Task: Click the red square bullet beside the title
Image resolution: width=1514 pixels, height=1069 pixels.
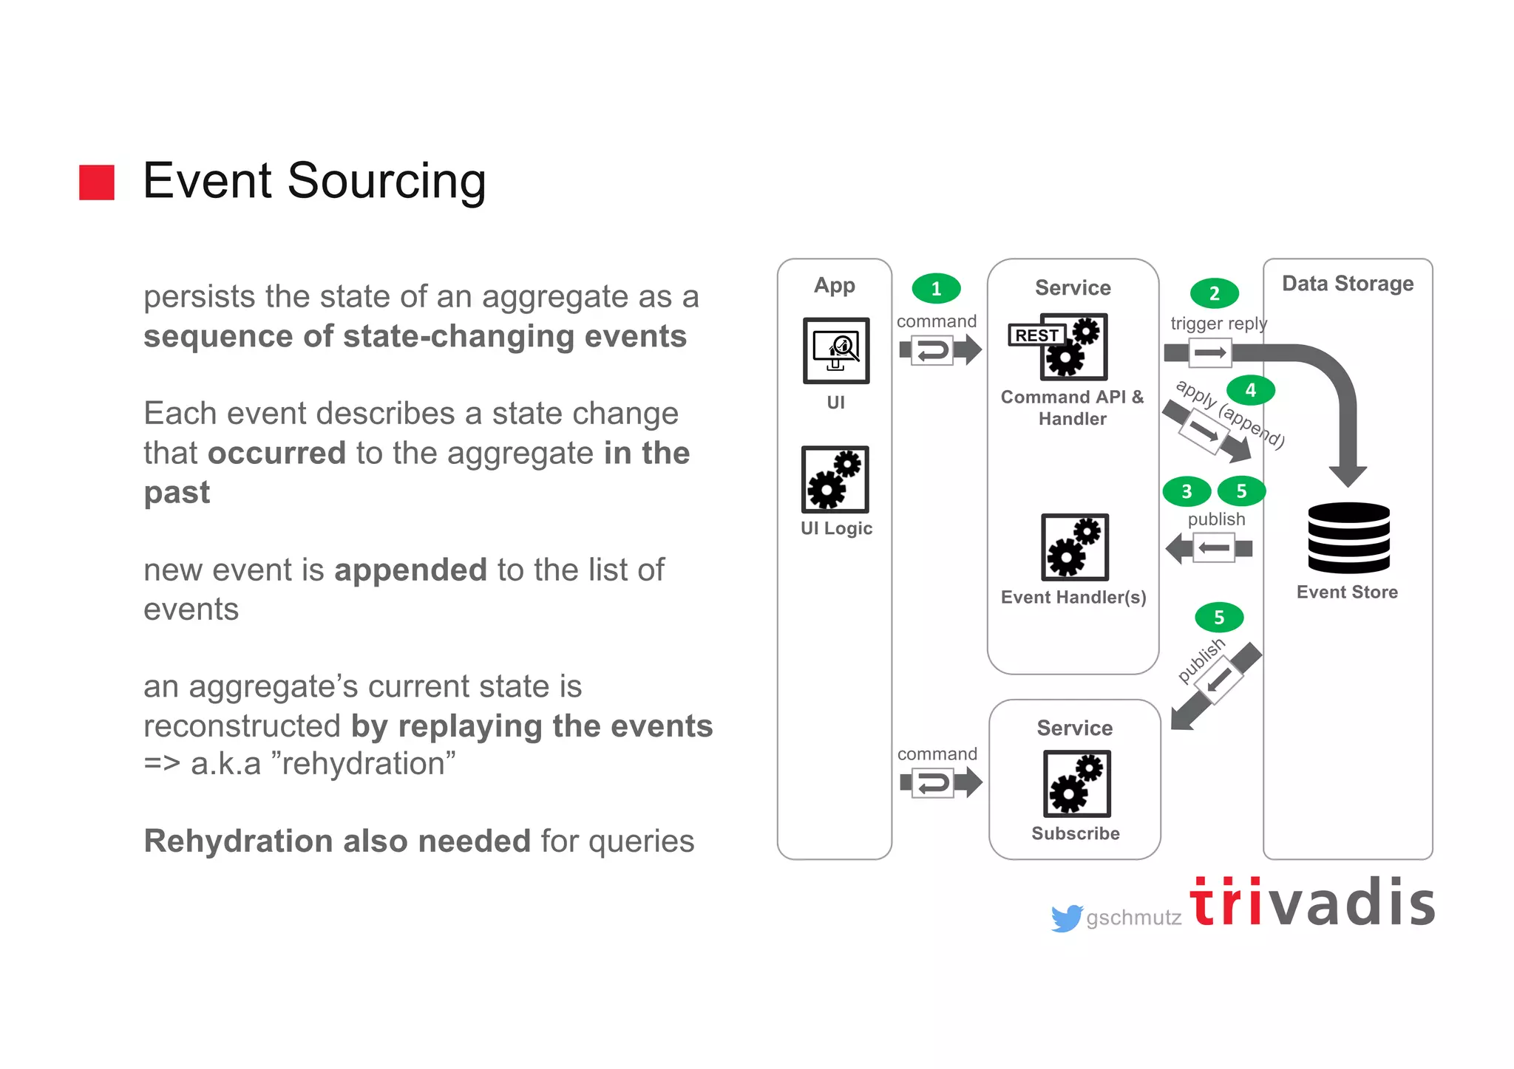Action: (97, 182)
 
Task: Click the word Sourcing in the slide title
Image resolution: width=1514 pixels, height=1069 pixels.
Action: (387, 181)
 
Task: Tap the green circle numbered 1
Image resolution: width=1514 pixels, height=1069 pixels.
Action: (936, 288)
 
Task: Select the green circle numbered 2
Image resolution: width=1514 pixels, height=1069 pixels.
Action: (1214, 293)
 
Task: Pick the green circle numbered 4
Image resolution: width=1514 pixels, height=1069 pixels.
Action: (1250, 390)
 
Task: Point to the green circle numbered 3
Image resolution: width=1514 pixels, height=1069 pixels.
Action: (1187, 491)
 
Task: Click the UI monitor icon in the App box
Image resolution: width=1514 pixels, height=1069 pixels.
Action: (836, 350)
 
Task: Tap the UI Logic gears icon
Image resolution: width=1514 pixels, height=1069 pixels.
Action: (835, 479)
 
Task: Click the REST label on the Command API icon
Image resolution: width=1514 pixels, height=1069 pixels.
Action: (1036, 335)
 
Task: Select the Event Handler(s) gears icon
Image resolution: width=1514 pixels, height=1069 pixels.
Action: (1075, 547)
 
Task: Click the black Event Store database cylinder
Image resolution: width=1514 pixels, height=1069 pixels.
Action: (1348, 538)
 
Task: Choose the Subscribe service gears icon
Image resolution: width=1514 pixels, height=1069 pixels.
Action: (1076, 783)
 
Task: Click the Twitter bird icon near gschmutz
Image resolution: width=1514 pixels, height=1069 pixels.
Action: (1066, 918)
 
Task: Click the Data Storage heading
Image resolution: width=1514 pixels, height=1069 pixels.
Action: (1348, 284)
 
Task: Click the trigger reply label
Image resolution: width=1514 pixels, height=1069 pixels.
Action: (1218, 324)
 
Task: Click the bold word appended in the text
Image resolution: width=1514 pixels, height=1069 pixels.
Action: (410, 570)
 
